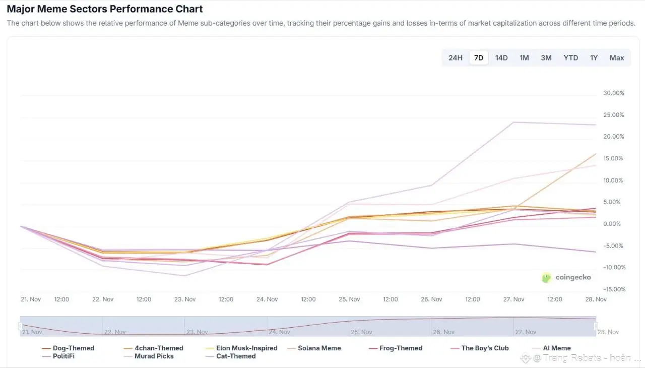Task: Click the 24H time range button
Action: click(455, 58)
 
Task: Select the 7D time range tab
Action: click(479, 58)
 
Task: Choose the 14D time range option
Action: click(501, 58)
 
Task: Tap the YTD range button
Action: click(570, 58)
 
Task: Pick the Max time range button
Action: click(617, 58)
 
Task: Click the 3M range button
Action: click(546, 58)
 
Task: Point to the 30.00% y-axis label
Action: click(613, 93)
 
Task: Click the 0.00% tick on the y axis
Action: click(613, 224)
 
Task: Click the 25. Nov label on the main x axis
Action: click(349, 299)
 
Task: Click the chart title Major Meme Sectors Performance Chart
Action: click(105, 9)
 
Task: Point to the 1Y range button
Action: click(594, 58)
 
